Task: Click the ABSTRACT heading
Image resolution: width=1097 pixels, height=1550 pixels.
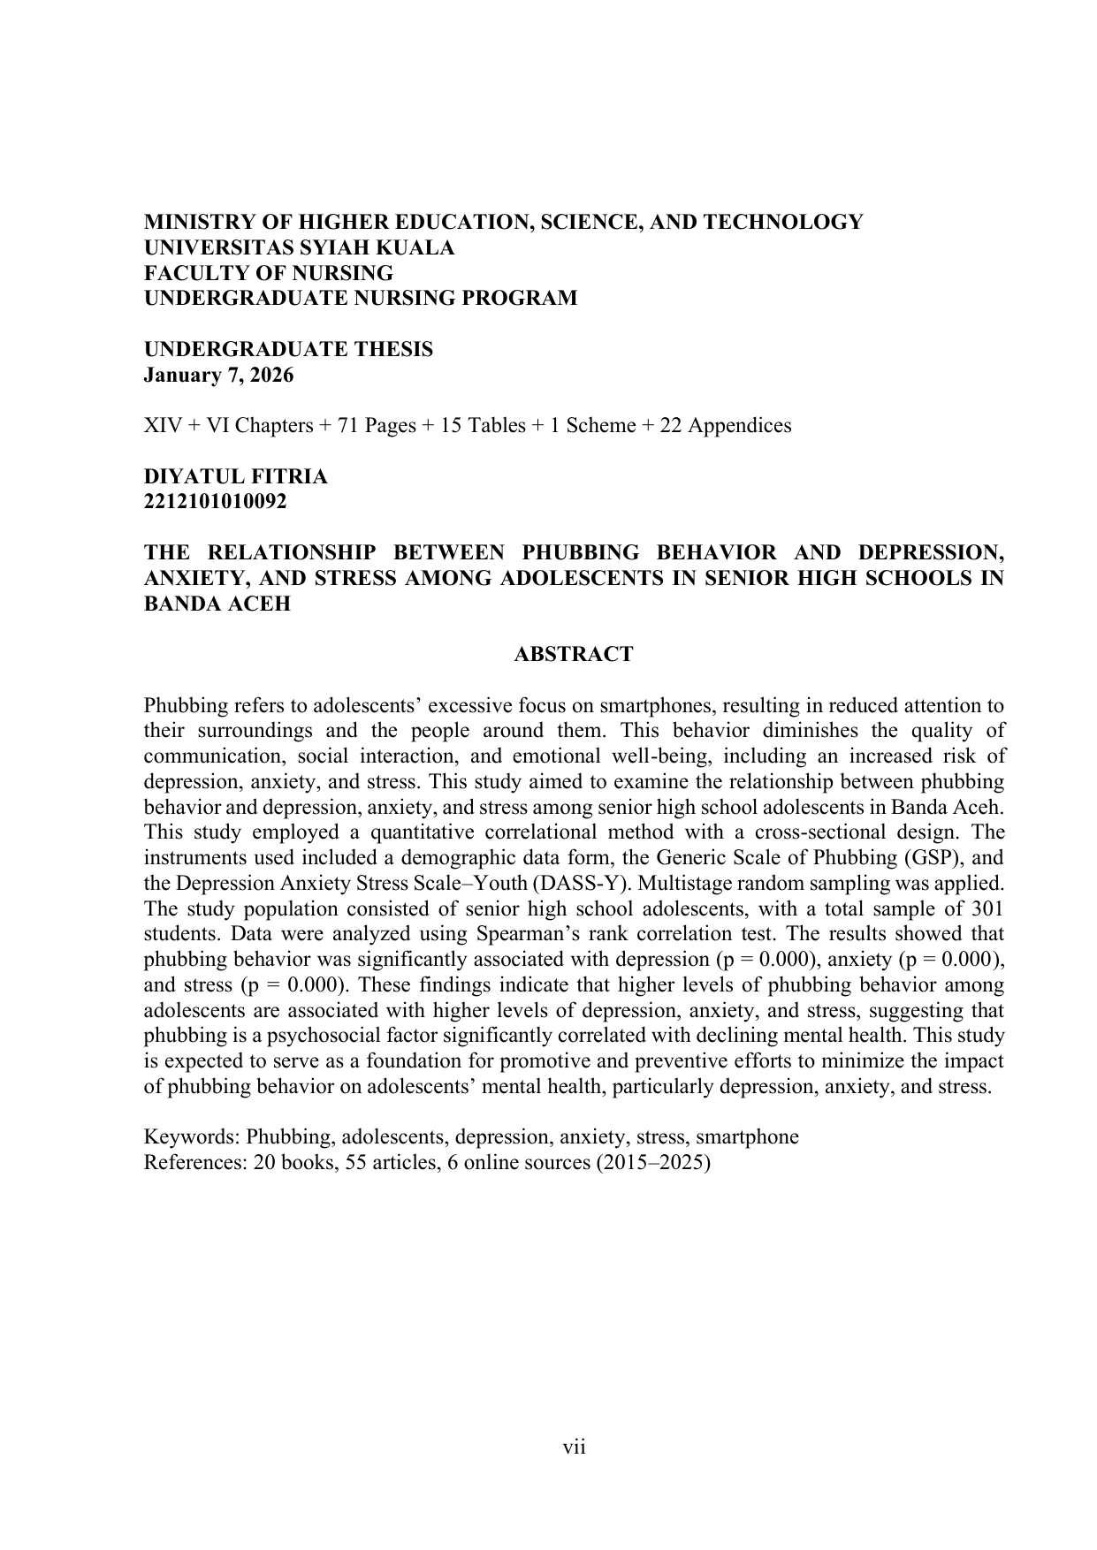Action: pyautogui.click(x=574, y=655)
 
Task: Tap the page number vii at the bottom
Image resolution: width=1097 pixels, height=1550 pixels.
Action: pyautogui.click(x=575, y=1447)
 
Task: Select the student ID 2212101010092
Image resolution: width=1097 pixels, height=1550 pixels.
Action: pyautogui.click(x=215, y=502)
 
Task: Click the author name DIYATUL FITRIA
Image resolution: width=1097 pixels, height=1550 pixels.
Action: pyautogui.click(x=235, y=477)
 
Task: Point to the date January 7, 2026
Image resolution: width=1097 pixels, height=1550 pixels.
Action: pyautogui.click(x=218, y=376)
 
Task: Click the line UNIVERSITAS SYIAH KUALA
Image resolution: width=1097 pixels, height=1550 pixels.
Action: pyautogui.click(x=299, y=248)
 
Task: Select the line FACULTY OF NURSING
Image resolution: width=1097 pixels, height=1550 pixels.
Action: pyautogui.click(x=268, y=273)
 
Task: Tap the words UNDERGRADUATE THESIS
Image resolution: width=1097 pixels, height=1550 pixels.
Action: pyautogui.click(x=288, y=350)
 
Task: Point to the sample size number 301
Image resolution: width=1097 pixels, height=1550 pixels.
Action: pyautogui.click(x=987, y=909)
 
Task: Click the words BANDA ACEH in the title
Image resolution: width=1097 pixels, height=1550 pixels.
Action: pyautogui.click(x=217, y=605)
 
